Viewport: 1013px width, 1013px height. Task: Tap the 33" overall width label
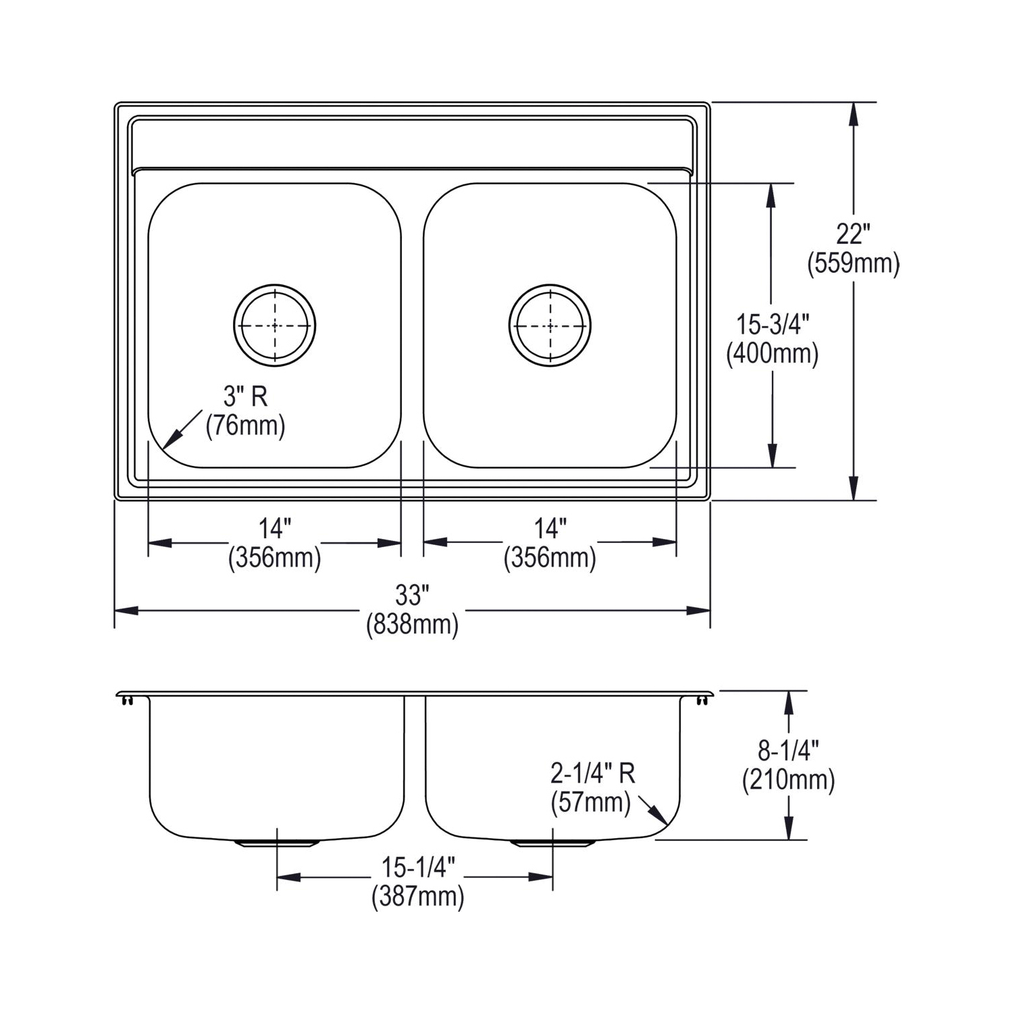[412, 596]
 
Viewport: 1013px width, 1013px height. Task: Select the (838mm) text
[412, 625]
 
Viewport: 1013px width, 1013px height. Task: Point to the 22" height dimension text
[853, 234]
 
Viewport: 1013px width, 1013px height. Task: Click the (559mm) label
[854, 263]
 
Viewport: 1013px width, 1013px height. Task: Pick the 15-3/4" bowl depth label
[773, 325]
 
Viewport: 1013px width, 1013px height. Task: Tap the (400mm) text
[773, 354]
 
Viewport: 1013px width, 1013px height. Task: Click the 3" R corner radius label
[246, 396]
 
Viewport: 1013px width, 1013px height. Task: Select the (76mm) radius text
[246, 425]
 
